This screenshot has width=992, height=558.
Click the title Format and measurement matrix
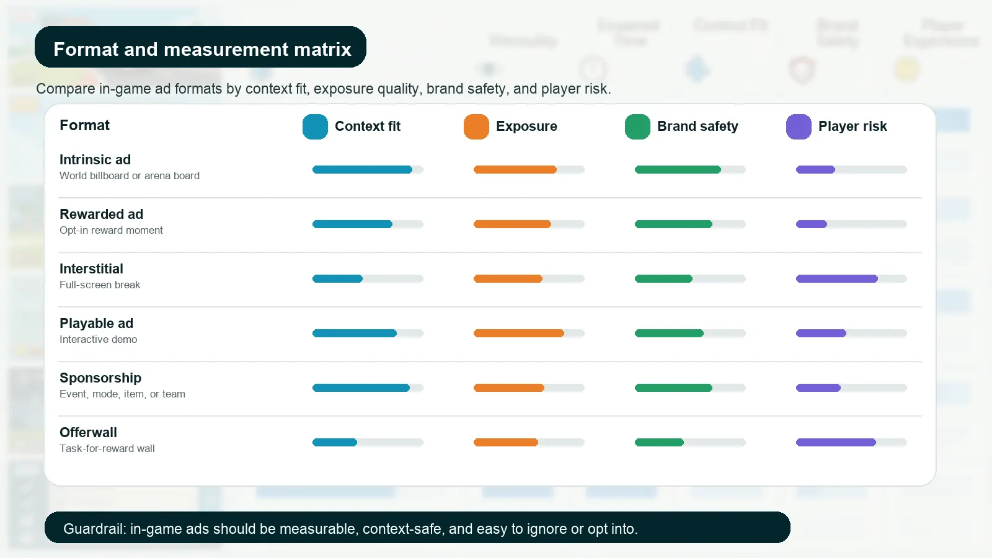coord(202,49)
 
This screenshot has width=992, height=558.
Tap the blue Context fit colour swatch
coord(315,126)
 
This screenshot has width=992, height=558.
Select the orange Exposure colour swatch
coord(476,126)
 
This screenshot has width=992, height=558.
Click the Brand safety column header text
coord(697,126)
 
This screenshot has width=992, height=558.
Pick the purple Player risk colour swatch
coord(799,126)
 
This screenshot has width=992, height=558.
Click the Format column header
coord(84,125)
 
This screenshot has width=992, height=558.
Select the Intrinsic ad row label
coord(95,160)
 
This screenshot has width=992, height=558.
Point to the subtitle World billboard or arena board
coord(130,176)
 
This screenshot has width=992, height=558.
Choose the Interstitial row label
coord(91,269)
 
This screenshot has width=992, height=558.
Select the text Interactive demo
coord(98,340)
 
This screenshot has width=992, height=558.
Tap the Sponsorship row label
coord(100,378)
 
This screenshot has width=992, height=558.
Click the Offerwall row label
coord(88,433)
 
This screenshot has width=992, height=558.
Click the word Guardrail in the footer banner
coord(94,529)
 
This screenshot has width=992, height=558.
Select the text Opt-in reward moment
coord(111,231)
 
